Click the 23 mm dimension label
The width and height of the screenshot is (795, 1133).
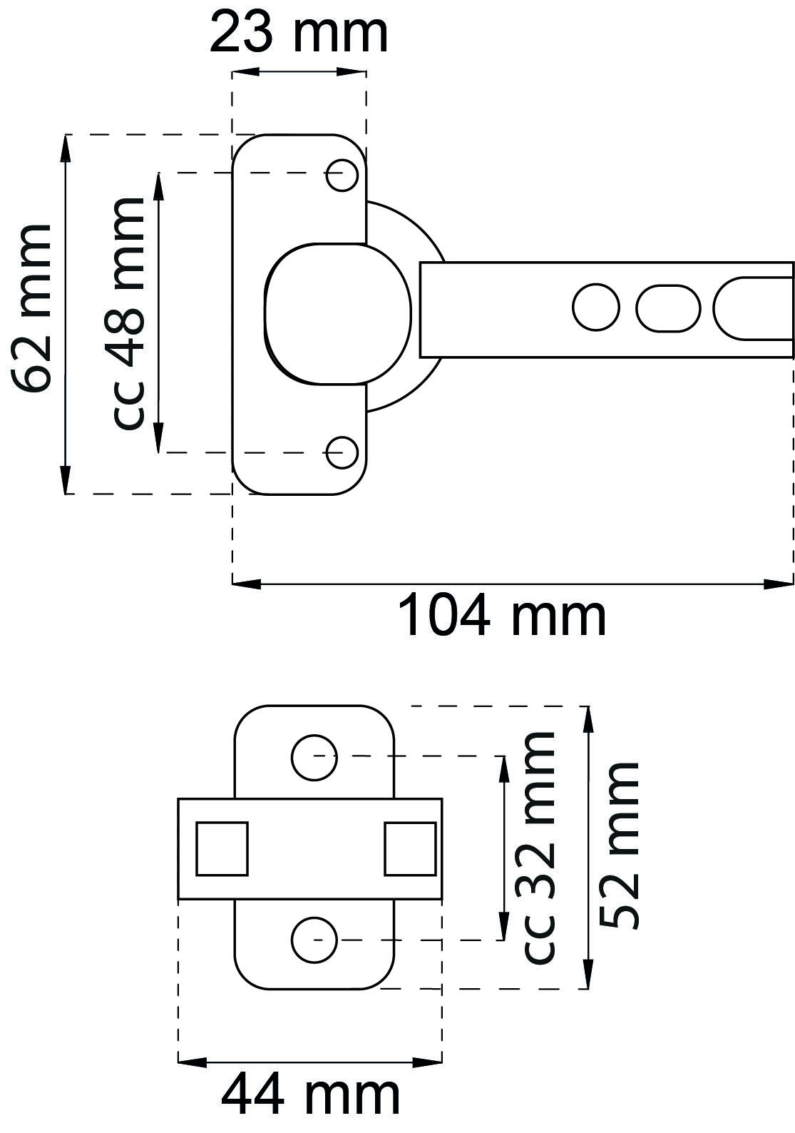299,34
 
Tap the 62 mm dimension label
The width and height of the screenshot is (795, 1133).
31,308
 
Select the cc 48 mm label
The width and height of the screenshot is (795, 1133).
128,314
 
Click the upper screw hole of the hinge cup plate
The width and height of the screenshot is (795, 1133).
342,175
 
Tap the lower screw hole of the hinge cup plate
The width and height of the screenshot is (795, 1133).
342,452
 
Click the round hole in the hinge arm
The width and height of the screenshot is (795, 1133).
596,308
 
